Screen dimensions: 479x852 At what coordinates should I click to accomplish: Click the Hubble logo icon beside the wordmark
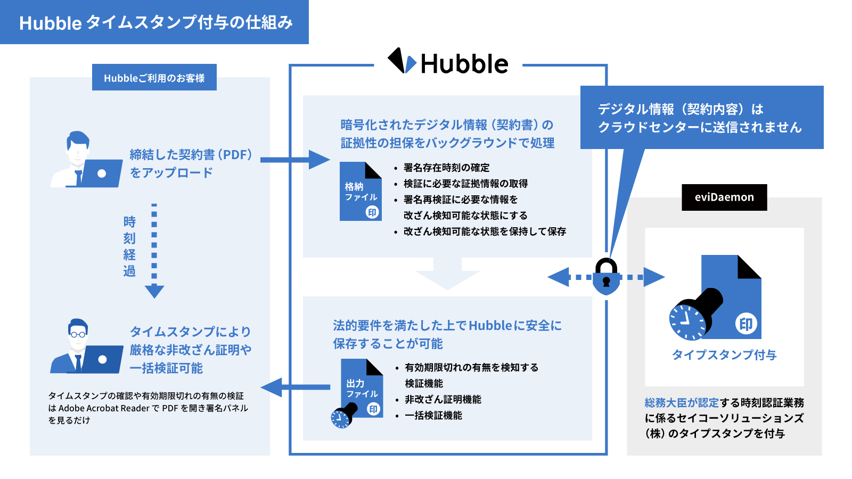point(402,61)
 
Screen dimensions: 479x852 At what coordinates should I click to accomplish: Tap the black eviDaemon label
point(724,197)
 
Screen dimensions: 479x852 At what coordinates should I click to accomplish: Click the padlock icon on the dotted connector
point(606,277)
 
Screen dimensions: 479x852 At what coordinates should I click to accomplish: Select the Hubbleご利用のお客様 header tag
point(154,78)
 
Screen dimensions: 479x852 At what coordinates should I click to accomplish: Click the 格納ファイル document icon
point(361,192)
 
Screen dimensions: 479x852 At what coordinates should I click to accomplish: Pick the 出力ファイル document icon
point(362,389)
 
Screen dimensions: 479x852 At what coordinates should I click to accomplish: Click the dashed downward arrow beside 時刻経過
point(154,250)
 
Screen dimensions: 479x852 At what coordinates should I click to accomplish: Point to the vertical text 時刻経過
point(129,246)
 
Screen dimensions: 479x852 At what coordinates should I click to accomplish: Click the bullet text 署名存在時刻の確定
point(446,168)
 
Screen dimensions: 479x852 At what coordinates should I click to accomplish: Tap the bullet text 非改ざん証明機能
point(443,399)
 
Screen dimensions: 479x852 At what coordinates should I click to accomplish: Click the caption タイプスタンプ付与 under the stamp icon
point(724,355)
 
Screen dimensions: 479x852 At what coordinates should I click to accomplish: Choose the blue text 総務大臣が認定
point(682,403)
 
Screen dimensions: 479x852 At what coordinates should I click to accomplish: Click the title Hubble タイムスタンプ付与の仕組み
point(156,22)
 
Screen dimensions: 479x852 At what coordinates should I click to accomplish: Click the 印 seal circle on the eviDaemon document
point(746,324)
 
